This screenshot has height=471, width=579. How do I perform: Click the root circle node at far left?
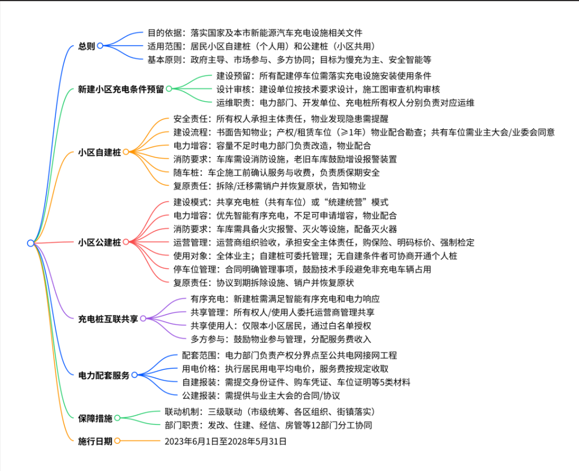tap(31, 243)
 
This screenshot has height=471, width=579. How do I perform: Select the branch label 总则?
tap(87, 46)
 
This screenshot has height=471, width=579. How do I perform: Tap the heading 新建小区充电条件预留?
tap(121, 89)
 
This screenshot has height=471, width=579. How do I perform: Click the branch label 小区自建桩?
tap(100, 152)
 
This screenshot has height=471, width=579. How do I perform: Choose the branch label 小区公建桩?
tap(100, 242)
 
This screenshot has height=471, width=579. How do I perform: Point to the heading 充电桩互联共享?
tap(108, 319)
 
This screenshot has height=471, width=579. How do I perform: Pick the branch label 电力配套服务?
tap(104, 376)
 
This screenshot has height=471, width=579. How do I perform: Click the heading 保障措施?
tap(95, 418)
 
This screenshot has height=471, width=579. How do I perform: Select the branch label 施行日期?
tap(95, 441)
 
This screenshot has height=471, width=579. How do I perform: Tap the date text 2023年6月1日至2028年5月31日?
tap(226, 441)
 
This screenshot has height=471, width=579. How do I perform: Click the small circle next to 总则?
tap(100, 46)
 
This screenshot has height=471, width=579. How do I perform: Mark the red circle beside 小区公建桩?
tap(126, 242)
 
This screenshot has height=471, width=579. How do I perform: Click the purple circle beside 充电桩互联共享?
tap(143, 319)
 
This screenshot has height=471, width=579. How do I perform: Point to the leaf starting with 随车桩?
tap(276, 173)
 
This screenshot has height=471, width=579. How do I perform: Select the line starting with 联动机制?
tap(270, 412)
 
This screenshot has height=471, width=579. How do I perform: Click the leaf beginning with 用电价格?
tap(285, 369)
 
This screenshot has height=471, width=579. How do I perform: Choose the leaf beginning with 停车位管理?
tap(303, 269)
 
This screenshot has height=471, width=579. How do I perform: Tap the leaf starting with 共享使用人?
tap(280, 326)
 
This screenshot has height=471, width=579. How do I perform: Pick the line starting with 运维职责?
tap(345, 103)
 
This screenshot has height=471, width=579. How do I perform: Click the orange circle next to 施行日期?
tap(118, 441)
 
